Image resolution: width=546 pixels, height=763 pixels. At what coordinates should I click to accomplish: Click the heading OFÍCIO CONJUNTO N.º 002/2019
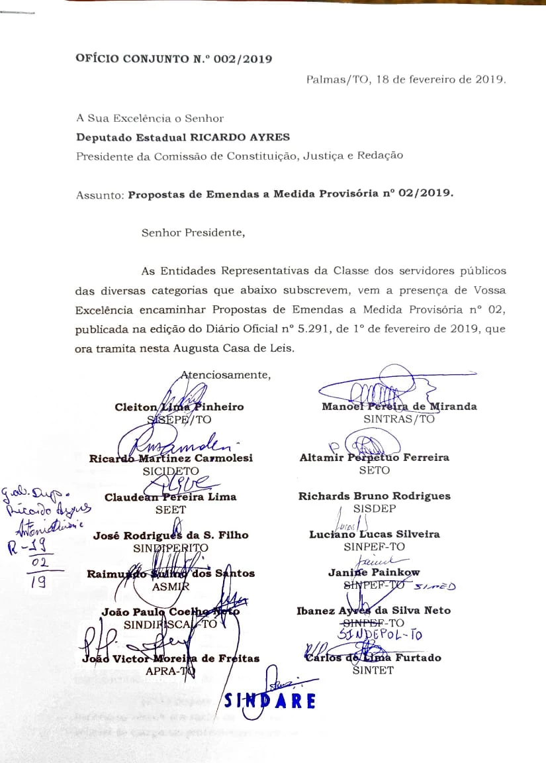(x=174, y=59)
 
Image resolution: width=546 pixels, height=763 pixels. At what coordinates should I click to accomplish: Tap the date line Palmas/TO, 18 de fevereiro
(x=406, y=79)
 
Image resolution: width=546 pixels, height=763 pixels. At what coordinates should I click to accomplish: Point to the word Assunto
(x=99, y=195)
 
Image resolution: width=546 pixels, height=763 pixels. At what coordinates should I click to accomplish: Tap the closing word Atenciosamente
(x=226, y=375)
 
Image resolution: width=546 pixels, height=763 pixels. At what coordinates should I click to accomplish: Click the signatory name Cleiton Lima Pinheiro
(x=179, y=407)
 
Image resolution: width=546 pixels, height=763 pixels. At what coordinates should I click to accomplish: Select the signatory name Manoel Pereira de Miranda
(x=399, y=406)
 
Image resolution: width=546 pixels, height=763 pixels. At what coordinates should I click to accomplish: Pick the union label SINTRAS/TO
(x=399, y=419)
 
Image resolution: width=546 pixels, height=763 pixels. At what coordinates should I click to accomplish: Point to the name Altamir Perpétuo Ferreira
(x=374, y=457)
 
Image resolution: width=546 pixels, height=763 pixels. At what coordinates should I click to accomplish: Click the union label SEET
(x=171, y=509)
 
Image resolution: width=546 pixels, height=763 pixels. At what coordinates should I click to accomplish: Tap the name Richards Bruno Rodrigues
(x=374, y=496)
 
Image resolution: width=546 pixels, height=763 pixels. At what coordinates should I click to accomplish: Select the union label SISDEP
(x=375, y=509)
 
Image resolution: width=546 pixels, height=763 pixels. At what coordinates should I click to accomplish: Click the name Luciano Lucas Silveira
(x=375, y=534)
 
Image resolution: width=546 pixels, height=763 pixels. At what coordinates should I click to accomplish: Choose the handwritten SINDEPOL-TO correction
(x=389, y=635)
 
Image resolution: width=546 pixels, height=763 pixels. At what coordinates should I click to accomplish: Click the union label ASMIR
(x=171, y=586)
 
